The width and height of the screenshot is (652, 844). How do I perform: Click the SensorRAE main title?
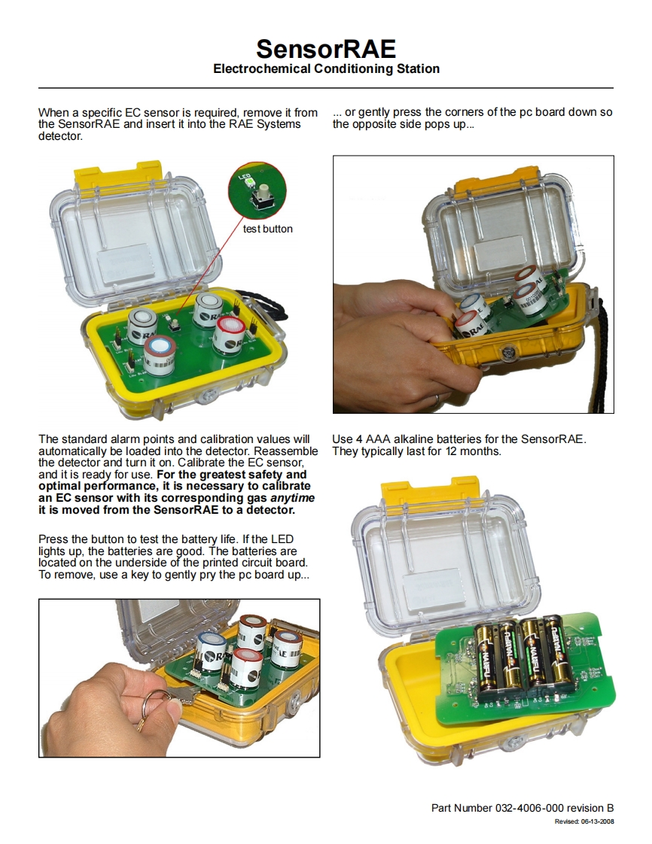(x=326, y=49)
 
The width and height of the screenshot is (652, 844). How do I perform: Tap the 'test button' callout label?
(x=268, y=229)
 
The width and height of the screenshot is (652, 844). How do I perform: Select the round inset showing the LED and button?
(x=257, y=191)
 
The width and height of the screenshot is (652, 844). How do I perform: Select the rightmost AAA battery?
(x=556, y=654)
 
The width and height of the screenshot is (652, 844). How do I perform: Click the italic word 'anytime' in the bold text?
(x=292, y=498)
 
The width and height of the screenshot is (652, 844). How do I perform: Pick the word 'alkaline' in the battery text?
(x=413, y=439)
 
